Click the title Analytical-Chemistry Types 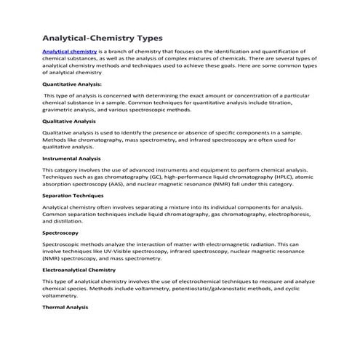(x=103, y=36)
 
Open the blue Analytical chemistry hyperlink (x=70, y=52)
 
